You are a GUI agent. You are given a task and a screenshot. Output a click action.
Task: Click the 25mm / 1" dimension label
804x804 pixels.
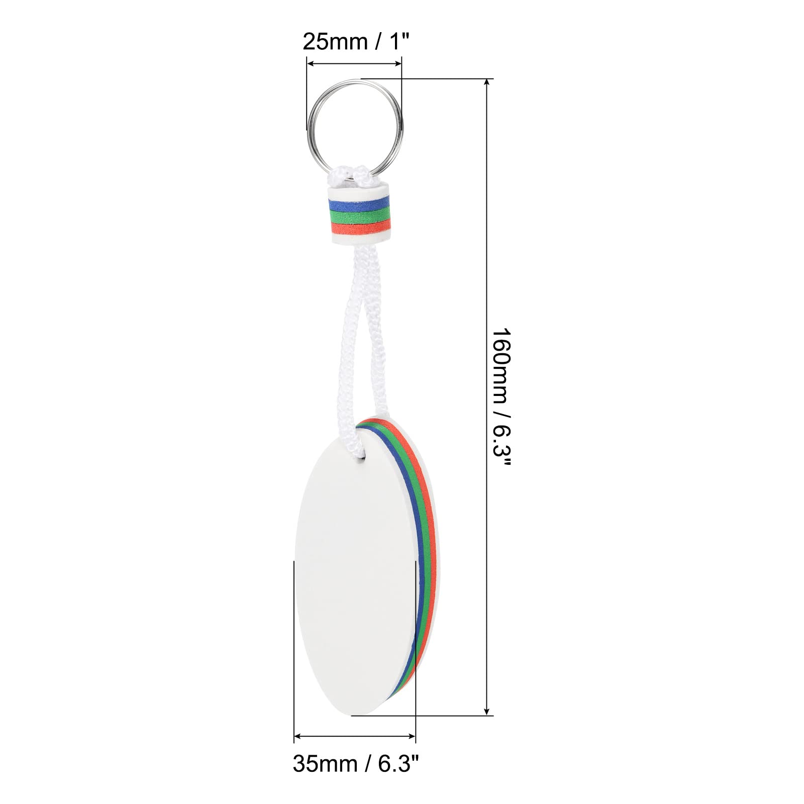click(x=353, y=42)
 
